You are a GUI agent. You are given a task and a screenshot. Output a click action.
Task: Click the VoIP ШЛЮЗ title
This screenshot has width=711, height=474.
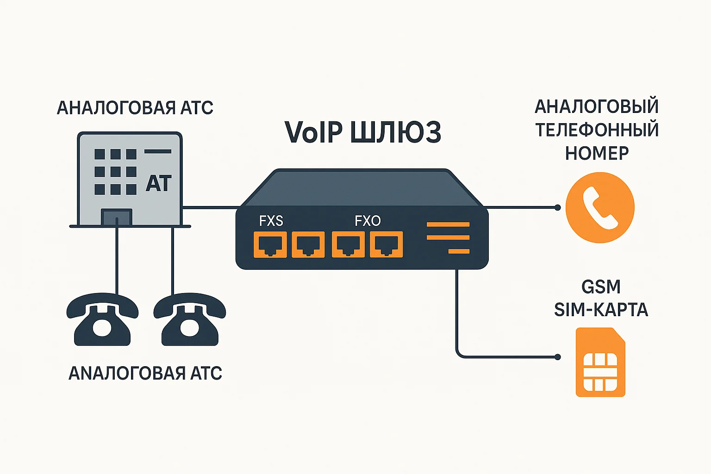[x=362, y=132]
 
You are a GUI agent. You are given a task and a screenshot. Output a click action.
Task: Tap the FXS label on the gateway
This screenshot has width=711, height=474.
[x=271, y=221]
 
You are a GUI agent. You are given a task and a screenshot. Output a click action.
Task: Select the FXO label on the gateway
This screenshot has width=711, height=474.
[x=368, y=221]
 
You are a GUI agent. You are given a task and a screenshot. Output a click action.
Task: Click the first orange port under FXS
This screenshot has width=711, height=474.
[x=270, y=244]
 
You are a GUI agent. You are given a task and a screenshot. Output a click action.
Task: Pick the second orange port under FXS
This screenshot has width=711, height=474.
[x=308, y=244]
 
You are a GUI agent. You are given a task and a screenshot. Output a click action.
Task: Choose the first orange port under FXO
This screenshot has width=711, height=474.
[x=348, y=244]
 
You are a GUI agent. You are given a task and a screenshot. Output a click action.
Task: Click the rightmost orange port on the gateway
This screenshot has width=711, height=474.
[x=386, y=244]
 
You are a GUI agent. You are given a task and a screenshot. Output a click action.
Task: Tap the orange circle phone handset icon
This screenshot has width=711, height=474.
[x=600, y=208]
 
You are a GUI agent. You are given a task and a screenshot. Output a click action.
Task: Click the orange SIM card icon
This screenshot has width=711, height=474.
[x=600, y=362]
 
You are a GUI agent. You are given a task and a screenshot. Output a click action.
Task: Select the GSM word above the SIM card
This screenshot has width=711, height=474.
[x=600, y=287]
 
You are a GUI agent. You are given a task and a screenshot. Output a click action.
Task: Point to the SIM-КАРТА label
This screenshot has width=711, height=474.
[x=600, y=310]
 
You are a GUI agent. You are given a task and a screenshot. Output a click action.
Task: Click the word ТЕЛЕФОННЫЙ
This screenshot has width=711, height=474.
[x=597, y=130]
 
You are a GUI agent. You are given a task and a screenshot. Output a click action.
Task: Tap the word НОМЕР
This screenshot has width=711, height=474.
[x=597, y=153]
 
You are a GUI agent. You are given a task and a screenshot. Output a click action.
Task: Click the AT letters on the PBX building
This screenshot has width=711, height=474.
[x=158, y=184]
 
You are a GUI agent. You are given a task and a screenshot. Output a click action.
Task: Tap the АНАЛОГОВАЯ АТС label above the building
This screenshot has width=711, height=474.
[x=135, y=108]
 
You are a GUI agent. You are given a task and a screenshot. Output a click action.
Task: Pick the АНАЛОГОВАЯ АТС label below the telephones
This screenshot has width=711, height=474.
[x=145, y=373]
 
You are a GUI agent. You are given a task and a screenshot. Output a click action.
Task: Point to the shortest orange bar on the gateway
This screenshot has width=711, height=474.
[x=459, y=251]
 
